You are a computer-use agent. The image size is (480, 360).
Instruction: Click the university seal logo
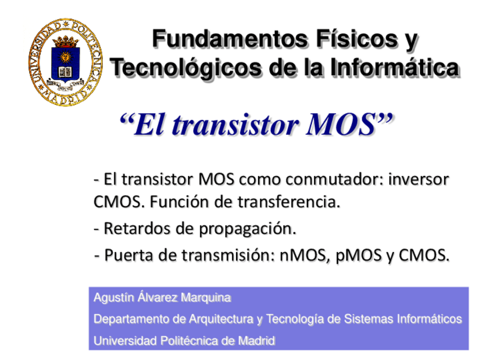click(66, 61)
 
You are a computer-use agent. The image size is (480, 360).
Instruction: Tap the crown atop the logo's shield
click(66, 41)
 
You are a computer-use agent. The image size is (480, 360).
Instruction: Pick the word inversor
click(417, 180)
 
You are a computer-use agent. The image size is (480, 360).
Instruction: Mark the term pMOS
click(359, 255)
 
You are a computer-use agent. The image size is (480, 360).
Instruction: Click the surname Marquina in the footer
click(208, 298)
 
